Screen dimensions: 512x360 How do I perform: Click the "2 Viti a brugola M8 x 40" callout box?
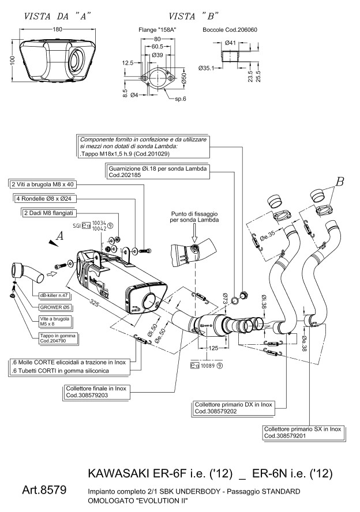[43, 184]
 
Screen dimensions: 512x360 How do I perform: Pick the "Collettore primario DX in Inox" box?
[231, 408]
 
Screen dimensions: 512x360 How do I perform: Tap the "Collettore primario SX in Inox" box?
[303, 432]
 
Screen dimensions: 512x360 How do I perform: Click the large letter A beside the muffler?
[59, 235]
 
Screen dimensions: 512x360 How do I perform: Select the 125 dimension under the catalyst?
[213, 349]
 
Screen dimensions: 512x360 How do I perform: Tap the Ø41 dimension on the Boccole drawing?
[229, 43]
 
